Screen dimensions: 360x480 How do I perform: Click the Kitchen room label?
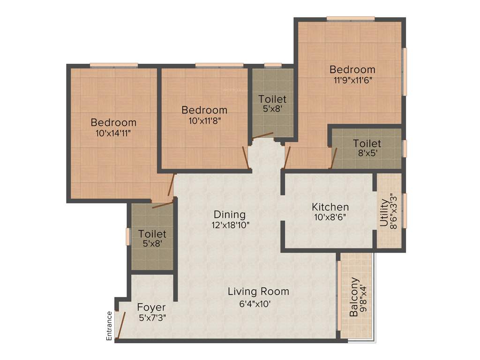[330, 207]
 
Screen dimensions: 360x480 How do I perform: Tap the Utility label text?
[384, 213]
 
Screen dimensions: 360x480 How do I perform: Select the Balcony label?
[354, 297]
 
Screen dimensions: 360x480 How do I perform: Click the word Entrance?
[109, 325]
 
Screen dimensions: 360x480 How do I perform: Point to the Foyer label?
[151, 307]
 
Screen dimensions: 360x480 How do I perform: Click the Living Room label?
[258, 292]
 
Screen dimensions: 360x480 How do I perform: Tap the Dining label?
[230, 215]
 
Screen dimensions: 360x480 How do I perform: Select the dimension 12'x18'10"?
[230, 225]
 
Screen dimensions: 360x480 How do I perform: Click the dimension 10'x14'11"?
[113, 133]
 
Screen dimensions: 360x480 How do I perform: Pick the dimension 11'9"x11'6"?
[352, 80]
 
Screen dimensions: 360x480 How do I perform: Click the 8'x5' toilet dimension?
[367, 153]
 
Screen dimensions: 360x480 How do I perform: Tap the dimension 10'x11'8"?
[204, 120]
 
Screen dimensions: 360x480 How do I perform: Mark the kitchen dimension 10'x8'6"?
[330, 217]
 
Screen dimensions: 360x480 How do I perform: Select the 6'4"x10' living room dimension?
[255, 303]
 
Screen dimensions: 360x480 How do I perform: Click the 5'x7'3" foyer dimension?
[151, 318]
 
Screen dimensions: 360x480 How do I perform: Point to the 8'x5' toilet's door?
[333, 157]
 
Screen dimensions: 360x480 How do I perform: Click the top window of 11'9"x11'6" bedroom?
[351, 19]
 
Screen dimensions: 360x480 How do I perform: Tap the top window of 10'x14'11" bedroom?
[114, 65]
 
